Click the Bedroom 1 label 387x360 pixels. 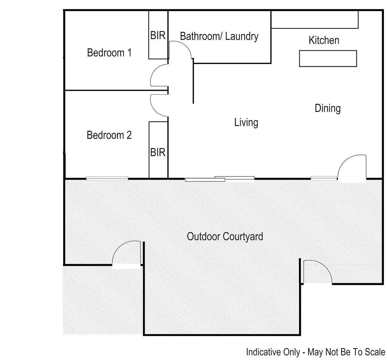[x=109, y=53]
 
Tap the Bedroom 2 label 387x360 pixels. [x=109, y=135]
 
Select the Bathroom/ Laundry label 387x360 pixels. [x=219, y=36]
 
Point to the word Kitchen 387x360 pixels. [x=324, y=40]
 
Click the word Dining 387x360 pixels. [x=328, y=108]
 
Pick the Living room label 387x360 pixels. [x=246, y=122]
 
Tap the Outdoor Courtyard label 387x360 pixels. [x=225, y=236]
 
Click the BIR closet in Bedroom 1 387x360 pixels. [x=158, y=35]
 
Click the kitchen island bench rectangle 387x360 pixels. [x=328, y=58]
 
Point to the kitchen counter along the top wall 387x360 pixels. [x=315, y=20]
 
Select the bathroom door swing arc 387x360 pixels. [x=180, y=49]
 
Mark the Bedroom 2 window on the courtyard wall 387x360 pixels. [x=107, y=178]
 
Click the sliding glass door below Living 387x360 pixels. [x=220, y=179]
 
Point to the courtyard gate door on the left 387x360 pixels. [x=126, y=253]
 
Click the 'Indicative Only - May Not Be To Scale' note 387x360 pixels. [x=315, y=352]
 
